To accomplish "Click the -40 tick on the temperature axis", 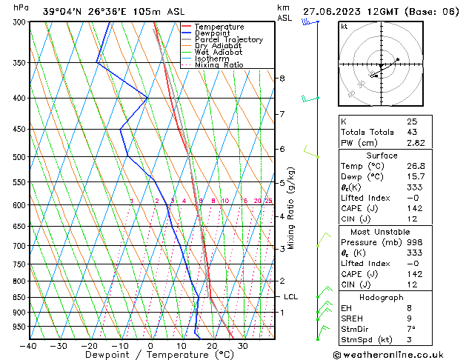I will pyautogui.click(x=29, y=346).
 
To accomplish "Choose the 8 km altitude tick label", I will pyautogui.click(x=282, y=78).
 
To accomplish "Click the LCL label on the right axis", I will pyautogui.click(x=290, y=297).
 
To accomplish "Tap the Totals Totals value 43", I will pyautogui.click(x=412, y=131).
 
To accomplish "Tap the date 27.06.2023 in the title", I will pyautogui.click(x=331, y=11).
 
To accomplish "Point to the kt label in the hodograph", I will pyautogui.click(x=344, y=27).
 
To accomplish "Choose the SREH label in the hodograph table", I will pyautogui.click(x=353, y=319).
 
